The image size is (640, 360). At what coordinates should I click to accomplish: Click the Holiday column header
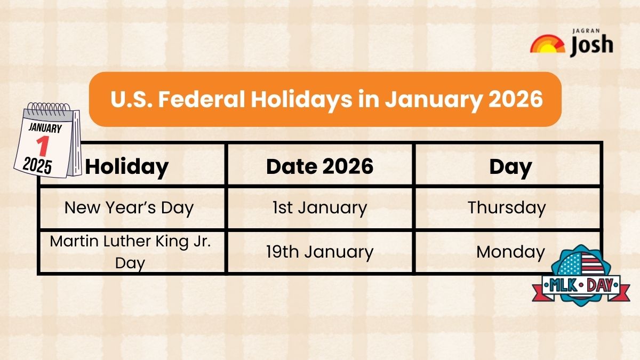127,167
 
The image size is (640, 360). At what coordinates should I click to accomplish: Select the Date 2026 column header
319,167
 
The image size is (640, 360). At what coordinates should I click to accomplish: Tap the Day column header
510,167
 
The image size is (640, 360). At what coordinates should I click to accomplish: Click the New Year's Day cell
129,207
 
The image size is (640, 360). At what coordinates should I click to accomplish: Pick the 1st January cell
319,207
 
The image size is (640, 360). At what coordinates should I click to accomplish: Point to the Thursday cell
507,207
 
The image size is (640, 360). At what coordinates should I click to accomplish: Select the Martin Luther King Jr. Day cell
131,251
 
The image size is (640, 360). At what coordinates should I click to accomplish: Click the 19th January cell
319,251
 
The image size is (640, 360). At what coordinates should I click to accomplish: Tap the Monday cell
510,251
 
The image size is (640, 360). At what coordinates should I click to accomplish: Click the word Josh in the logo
591,46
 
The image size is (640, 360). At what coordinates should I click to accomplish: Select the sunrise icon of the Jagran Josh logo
547,44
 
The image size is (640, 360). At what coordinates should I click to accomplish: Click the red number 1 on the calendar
43,145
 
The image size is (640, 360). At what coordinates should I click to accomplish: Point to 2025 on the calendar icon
37,166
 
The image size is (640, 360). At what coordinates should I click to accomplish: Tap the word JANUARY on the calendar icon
45,128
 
